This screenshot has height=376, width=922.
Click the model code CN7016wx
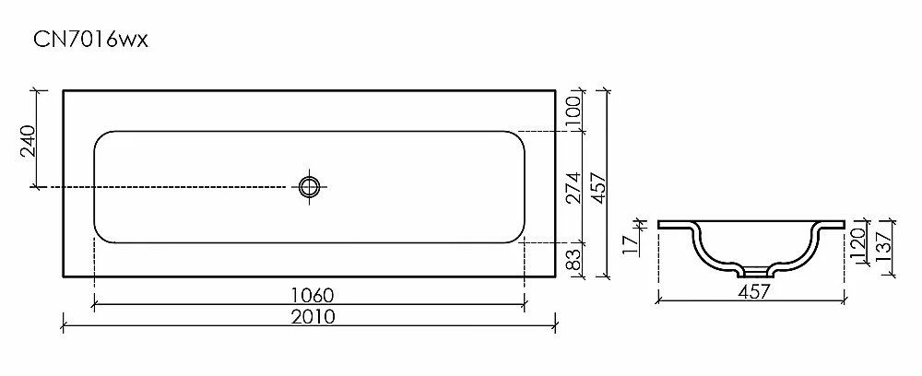tap(90, 40)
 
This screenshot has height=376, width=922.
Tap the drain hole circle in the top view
tap(309, 187)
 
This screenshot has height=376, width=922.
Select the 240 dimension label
tap(29, 141)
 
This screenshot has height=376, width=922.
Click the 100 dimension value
tap(573, 111)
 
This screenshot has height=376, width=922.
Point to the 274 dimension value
tap(573, 187)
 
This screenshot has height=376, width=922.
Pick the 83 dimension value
tap(573, 259)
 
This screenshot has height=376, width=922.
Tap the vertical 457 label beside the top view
tap(597, 187)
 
